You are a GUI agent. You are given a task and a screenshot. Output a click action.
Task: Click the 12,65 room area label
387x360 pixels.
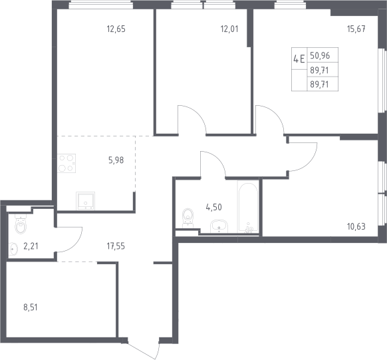116,29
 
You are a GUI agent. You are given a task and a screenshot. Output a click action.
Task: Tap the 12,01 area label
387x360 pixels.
229,29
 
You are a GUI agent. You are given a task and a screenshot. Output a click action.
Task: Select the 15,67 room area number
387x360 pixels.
356,29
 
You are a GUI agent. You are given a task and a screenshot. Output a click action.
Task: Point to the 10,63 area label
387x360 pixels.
356,226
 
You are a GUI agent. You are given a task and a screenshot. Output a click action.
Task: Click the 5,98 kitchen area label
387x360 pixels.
116,160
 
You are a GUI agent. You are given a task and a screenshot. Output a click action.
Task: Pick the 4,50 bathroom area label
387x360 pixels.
213,208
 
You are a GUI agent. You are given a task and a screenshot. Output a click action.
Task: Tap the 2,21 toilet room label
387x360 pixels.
31,246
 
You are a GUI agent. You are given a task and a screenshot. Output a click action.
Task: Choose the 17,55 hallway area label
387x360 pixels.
116,246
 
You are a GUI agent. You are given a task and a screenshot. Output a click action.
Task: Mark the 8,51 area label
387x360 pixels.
31,308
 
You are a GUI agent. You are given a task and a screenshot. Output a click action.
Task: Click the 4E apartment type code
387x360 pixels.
299,59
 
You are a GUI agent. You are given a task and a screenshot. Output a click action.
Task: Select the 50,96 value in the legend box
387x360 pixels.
320,56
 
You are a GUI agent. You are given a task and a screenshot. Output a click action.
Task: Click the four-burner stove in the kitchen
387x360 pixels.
66,163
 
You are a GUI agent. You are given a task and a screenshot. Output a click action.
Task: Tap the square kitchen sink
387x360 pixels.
85,201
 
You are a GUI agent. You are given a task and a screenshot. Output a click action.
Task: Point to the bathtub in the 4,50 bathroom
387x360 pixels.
248,207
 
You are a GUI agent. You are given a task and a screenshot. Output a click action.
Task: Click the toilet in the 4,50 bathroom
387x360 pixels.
188,218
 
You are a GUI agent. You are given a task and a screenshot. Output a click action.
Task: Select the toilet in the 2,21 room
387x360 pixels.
21,224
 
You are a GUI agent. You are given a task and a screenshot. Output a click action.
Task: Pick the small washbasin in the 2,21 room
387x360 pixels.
13,249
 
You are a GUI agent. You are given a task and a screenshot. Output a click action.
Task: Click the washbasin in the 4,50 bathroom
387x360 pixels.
219,226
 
